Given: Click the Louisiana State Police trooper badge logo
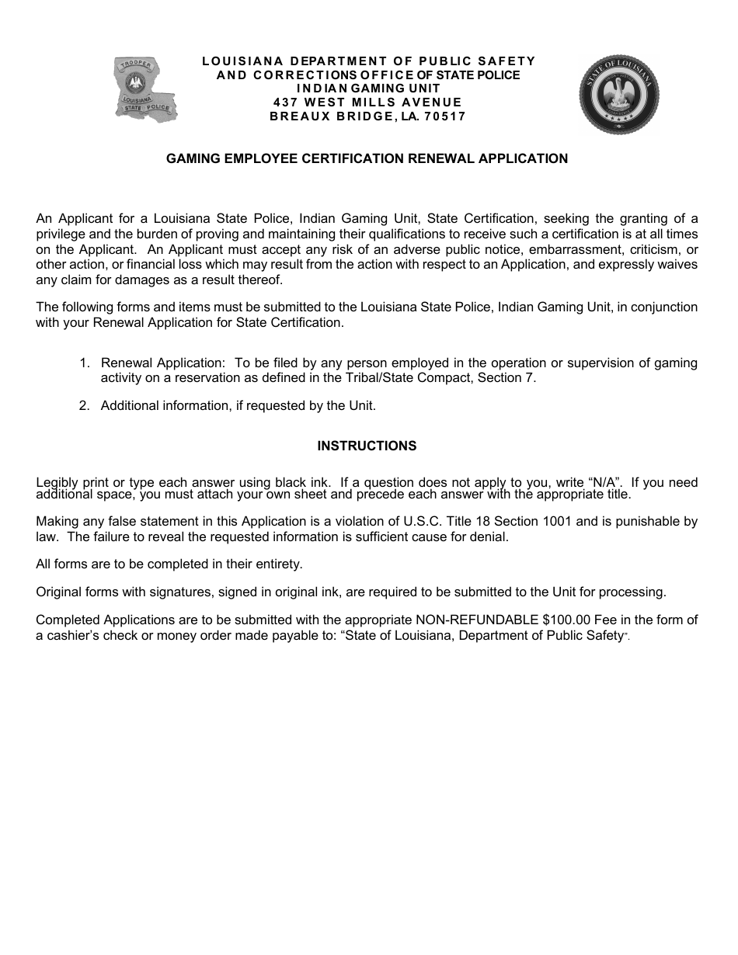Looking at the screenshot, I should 145,90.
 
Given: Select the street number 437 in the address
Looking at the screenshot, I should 285,102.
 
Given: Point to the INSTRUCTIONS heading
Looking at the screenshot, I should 367,446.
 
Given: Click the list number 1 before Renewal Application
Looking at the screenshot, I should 84,363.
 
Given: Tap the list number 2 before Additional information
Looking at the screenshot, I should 84,405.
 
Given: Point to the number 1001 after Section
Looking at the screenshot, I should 607,522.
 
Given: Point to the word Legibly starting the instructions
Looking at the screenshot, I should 57,483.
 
